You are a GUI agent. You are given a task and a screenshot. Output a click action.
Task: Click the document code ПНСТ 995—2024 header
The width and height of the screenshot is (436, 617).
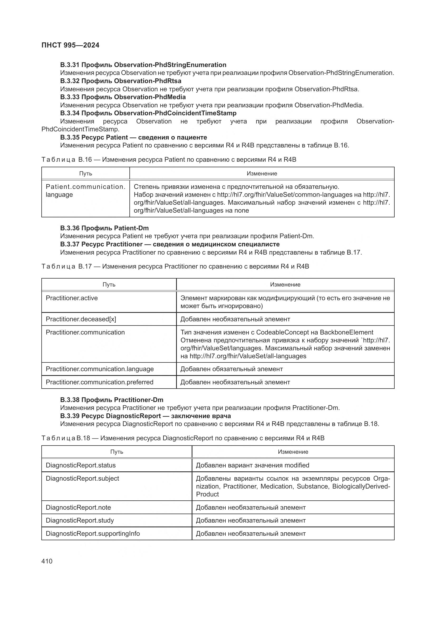(x=70, y=45)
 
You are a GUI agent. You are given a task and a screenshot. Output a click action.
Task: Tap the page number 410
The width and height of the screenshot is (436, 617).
(x=47, y=561)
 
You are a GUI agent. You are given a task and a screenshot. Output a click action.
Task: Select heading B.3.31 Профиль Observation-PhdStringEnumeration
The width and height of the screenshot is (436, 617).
(x=143, y=65)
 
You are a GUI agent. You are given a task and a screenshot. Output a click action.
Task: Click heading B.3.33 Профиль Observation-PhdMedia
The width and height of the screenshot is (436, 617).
(x=123, y=97)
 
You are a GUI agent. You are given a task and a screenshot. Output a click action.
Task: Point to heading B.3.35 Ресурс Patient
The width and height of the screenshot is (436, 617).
(x=133, y=137)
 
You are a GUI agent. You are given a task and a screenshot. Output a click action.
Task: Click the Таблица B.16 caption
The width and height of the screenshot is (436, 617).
(x=169, y=160)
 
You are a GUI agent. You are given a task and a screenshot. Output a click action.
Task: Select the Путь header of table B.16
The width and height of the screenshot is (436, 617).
(x=86, y=174)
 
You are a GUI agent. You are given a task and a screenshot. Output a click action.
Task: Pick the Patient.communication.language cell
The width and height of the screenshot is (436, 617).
(x=85, y=190)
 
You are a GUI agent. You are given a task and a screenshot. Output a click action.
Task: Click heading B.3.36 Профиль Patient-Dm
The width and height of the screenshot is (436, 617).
(x=104, y=228)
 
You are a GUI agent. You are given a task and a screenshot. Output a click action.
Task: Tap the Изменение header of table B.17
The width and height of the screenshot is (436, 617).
(x=285, y=285)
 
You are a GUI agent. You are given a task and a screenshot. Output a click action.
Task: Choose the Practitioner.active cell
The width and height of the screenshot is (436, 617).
(x=72, y=298)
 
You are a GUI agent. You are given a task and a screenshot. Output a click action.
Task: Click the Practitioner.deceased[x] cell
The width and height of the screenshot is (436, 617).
(x=81, y=319)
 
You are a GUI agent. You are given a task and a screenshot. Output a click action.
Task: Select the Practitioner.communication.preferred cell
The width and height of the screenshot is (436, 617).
(x=99, y=382)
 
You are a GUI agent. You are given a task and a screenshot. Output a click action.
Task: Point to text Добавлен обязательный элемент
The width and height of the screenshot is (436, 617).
(x=231, y=369)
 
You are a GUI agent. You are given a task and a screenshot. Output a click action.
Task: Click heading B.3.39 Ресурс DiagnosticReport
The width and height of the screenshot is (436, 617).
(x=145, y=416)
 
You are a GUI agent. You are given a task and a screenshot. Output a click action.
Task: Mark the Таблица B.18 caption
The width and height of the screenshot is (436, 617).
(x=183, y=438)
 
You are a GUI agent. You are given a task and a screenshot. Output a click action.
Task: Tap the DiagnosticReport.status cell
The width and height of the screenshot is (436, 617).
(x=81, y=465)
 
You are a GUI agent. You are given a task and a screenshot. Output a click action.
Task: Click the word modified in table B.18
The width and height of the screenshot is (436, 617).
(x=297, y=465)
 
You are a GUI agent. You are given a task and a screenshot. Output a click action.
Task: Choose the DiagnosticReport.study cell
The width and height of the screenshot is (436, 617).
(x=80, y=520)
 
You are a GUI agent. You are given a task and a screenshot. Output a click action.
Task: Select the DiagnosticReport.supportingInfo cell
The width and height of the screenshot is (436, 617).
(x=93, y=533)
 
